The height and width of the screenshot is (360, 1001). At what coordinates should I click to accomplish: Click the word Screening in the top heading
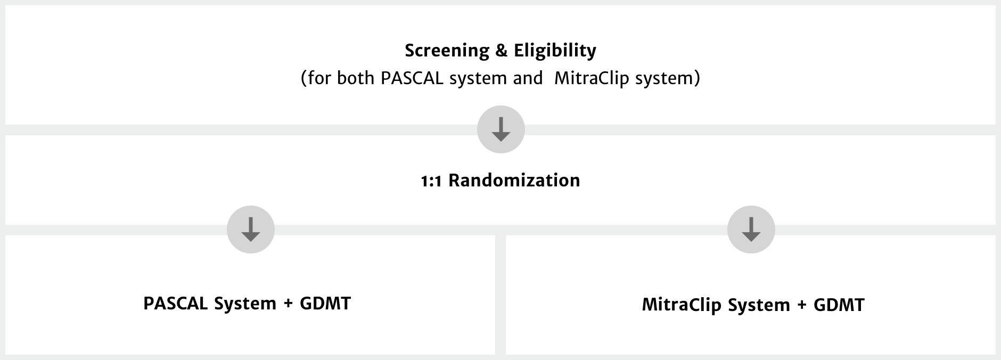[447, 51]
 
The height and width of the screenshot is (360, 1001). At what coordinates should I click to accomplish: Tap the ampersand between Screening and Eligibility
[501, 51]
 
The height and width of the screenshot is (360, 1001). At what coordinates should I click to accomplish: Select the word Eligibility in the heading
[555, 51]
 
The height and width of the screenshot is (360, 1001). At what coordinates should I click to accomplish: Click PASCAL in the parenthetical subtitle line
[413, 78]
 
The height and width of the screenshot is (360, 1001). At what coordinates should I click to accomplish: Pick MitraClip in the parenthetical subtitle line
[592, 78]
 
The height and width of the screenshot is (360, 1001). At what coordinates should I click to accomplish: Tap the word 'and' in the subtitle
[528, 78]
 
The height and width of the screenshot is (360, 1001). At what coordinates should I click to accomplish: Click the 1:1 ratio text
[432, 181]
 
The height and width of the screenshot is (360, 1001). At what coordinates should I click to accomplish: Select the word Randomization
[514, 181]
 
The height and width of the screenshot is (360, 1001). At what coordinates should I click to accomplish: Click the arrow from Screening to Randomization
[501, 129]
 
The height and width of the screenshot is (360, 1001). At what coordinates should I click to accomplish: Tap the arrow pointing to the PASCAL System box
[251, 230]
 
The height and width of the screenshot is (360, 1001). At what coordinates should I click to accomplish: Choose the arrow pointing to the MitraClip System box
[751, 230]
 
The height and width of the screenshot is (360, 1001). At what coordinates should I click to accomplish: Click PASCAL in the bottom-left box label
[176, 304]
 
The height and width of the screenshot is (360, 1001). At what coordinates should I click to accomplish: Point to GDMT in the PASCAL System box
[325, 304]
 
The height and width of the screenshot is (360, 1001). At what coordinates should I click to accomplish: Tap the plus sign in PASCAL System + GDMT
[288, 304]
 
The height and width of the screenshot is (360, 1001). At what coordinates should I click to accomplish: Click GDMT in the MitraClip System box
[839, 305]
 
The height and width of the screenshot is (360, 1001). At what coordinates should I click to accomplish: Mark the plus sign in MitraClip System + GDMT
[802, 306]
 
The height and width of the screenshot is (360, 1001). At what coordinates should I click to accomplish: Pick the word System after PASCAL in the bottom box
[245, 304]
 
